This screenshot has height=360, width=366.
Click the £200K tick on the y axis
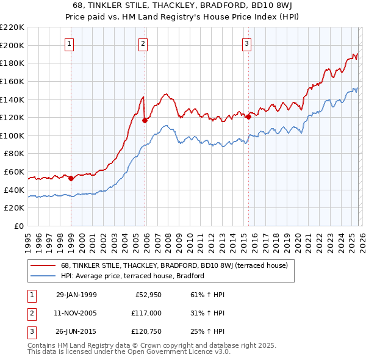pos(12,45)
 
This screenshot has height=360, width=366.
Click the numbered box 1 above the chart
pos(70,43)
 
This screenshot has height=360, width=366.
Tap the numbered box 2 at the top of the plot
pos(143,43)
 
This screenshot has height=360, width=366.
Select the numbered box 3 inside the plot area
pos(246,43)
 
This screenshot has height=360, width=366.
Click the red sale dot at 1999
pos(71,179)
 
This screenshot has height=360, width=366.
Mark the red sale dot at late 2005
pos(145,120)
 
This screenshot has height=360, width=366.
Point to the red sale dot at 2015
pos(248,117)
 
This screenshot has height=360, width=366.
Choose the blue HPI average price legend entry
pos(132,276)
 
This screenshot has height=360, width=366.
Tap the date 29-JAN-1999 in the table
pos(76,295)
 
